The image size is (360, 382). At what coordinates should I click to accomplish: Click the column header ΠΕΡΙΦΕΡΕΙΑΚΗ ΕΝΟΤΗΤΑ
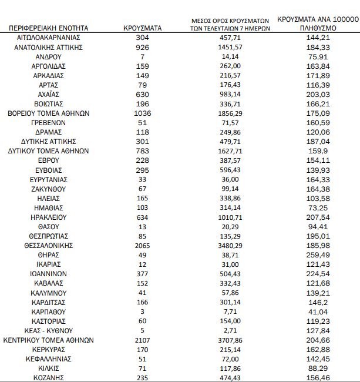(49, 28)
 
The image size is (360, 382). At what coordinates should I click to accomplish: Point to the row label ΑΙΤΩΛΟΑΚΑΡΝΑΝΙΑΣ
(49, 37)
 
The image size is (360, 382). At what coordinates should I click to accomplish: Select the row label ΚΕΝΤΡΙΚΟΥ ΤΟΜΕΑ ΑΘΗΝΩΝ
(49, 340)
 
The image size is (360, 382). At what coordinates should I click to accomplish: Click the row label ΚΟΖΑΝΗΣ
(49, 378)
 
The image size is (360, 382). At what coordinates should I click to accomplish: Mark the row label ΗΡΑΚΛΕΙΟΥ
(49, 217)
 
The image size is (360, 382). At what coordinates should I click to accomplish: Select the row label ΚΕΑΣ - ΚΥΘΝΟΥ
(49, 331)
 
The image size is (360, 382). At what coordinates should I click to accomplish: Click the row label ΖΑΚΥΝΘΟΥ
(49, 189)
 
